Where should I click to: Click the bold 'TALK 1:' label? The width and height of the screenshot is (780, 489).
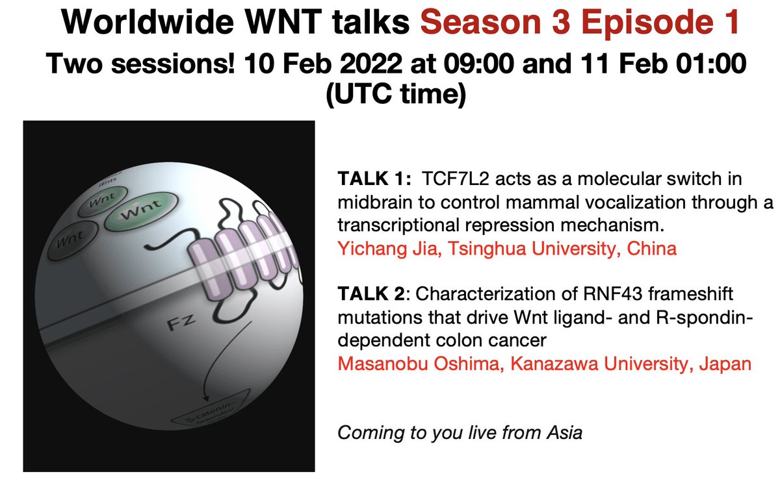368,179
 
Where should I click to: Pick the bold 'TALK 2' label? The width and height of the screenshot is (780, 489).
367,294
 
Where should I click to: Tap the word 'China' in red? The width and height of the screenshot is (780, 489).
652,248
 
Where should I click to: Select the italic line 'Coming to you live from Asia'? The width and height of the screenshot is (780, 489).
459,433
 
